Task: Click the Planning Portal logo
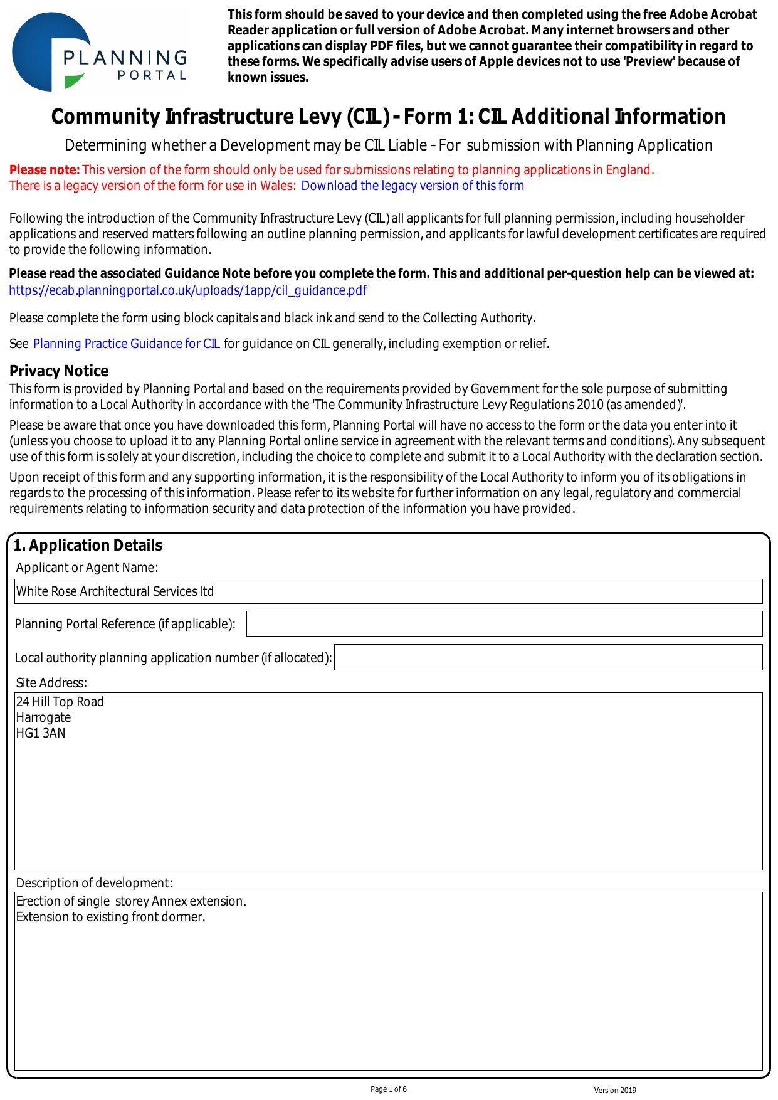pyautogui.click(x=99, y=52)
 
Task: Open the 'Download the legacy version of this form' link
pyautogui.click(x=413, y=186)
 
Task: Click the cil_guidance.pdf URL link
pyautogui.click(x=187, y=290)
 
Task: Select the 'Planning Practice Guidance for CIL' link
pyautogui.click(x=126, y=344)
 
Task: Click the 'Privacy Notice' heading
pyautogui.click(x=59, y=371)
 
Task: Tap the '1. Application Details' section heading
pyautogui.click(x=88, y=546)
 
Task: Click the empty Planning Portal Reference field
pyautogui.click(x=504, y=624)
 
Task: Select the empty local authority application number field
pyautogui.click(x=548, y=657)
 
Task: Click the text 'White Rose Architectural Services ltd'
pyautogui.click(x=115, y=591)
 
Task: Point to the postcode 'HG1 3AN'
pyautogui.click(x=41, y=733)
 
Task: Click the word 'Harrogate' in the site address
pyautogui.click(x=43, y=717)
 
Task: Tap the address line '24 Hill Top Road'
pyautogui.click(x=60, y=702)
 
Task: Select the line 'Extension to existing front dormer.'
pyautogui.click(x=110, y=917)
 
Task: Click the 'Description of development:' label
pyautogui.click(x=94, y=883)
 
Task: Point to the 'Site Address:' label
pyautogui.click(x=51, y=683)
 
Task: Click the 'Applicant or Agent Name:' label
pyautogui.click(x=87, y=568)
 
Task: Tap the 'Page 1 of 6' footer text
pyautogui.click(x=389, y=1089)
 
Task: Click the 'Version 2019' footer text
pyautogui.click(x=615, y=1091)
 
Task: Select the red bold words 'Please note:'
pyautogui.click(x=45, y=170)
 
